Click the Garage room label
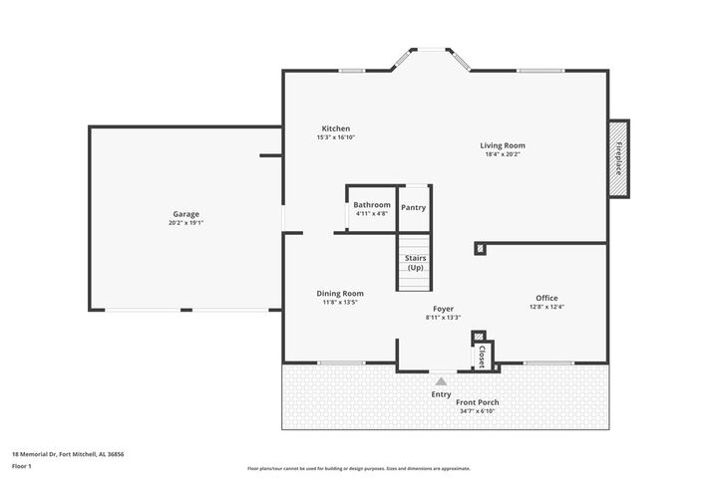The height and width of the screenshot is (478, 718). point(185,214)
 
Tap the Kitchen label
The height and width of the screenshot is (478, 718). point(335,128)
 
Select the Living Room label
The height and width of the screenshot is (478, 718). point(503,145)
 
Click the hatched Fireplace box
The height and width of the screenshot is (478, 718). point(618,158)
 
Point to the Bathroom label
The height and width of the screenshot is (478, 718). point(372,205)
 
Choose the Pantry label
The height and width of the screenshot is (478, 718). point(414,207)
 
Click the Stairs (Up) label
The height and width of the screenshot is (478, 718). point(415,263)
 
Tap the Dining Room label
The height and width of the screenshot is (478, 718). point(340,294)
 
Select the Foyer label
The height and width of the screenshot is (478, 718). point(443,309)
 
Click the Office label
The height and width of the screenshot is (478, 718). point(546,298)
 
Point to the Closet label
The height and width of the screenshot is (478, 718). point(481,356)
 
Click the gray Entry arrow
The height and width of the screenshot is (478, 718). point(441,379)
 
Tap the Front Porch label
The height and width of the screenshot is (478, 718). point(479,402)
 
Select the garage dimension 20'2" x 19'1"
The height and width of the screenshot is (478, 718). point(185,223)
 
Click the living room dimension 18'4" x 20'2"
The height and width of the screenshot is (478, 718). point(503,154)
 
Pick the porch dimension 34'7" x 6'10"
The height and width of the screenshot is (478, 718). point(479,411)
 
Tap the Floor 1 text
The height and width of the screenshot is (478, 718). point(22,465)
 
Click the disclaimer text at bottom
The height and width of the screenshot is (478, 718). point(358,468)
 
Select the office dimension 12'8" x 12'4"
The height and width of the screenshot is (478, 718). point(546,307)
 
